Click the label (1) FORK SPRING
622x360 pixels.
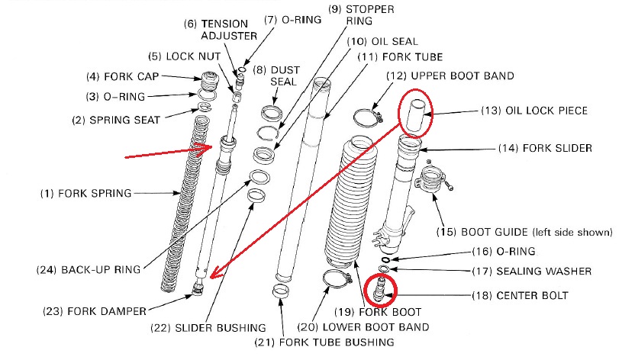[85, 194]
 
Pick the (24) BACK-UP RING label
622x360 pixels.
[81, 269]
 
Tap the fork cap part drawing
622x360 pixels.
[208, 79]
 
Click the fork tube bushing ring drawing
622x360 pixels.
[282, 291]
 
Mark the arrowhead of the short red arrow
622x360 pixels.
[207, 146]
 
